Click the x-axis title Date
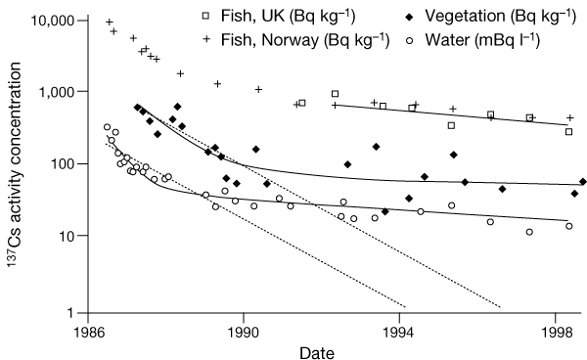[323, 349]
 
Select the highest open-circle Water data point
[107, 127]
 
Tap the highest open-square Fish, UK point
[336, 94]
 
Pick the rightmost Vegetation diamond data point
[583, 182]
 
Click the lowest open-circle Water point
[529, 232]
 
